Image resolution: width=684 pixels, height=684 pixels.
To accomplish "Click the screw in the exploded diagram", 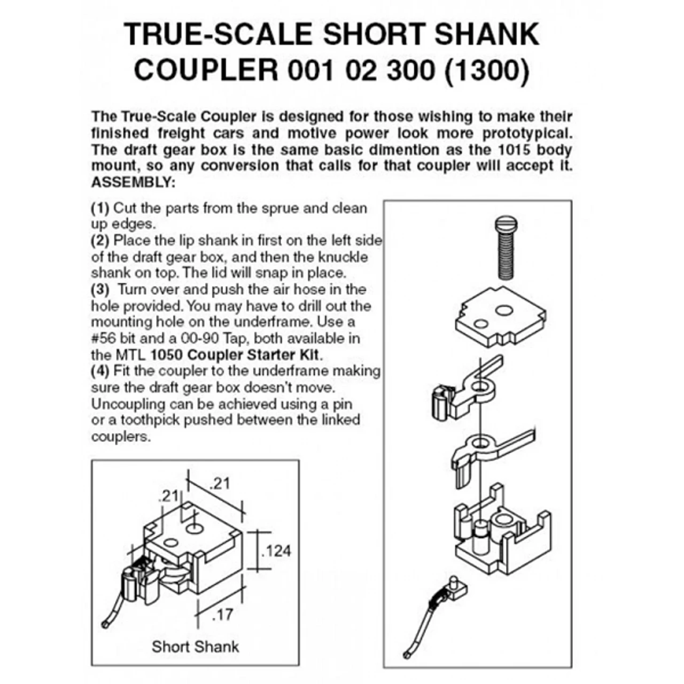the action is coord(506,248).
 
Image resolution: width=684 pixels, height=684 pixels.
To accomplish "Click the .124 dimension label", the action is coord(276,551).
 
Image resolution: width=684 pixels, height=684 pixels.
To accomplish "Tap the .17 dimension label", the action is coord(222,615).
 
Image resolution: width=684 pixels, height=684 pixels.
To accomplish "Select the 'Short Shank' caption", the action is coord(195,647).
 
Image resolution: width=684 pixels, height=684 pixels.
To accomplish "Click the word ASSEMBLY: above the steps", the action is coord(133,182).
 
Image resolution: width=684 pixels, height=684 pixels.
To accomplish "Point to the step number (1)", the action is coord(100,208).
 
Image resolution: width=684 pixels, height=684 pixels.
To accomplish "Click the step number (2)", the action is coord(100,240).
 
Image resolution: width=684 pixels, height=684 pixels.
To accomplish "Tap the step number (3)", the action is coord(100,289).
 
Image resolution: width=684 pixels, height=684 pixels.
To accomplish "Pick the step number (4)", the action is coord(100,371).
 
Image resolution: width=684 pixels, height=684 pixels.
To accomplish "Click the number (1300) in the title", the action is coord(487,69).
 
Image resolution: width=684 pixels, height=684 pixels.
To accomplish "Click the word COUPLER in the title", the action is coord(206,69).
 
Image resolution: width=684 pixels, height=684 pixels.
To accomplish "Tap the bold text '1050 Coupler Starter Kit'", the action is coord(235,355).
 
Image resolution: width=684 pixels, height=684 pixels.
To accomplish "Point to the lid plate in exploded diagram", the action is coord(501,317).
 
